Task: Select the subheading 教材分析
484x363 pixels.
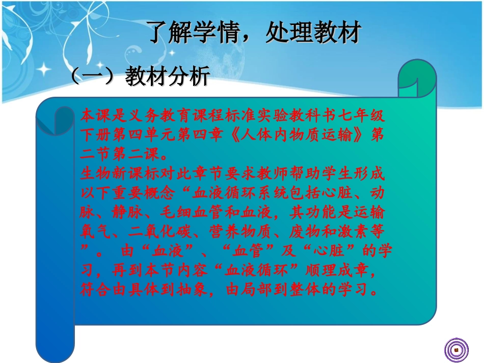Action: [168, 77]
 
